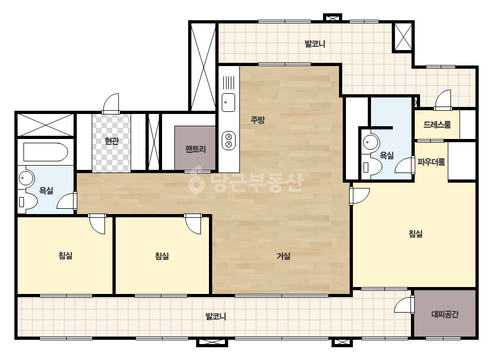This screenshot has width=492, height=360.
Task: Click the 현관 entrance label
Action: click(111, 141)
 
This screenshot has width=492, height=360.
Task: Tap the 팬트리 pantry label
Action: click(195, 149)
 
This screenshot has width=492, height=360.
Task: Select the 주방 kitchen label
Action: click(257, 119)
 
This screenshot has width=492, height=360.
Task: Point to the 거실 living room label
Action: click(283, 256)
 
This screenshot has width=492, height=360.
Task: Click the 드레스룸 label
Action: click(437, 125)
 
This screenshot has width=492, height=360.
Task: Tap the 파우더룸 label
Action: click(431, 162)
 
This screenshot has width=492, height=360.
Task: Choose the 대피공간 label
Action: click(445, 314)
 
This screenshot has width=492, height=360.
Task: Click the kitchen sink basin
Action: click(229, 103)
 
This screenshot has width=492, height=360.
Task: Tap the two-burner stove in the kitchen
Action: click(229, 140)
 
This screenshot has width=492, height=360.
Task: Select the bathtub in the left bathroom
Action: click(46, 152)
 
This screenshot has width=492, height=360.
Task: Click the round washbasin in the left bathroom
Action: click(26, 178)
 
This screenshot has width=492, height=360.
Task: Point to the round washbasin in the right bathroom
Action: click(370, 142)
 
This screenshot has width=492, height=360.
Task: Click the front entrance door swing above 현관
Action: click(111, 103)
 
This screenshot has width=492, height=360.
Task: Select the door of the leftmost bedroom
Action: click(97, 224)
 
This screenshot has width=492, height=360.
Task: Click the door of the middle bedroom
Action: click(193, 224)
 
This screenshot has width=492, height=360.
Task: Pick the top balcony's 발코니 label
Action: click(314, 44)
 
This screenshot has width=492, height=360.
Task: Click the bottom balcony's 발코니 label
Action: click(215, 316)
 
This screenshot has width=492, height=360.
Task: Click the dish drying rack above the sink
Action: click(229, 82)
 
